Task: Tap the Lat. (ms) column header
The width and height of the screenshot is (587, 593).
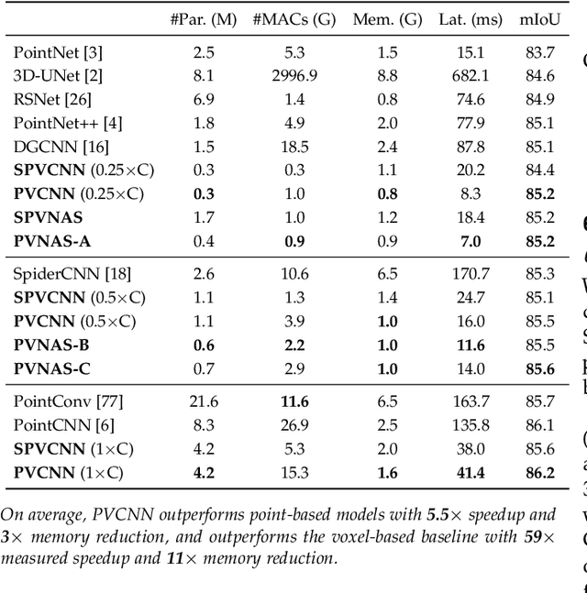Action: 461,18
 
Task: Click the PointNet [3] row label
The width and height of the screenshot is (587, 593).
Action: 51,51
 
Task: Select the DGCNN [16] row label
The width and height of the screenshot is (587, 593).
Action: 51,147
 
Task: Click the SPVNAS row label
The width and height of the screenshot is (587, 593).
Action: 48,218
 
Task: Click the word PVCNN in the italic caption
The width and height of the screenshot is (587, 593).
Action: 102,514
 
